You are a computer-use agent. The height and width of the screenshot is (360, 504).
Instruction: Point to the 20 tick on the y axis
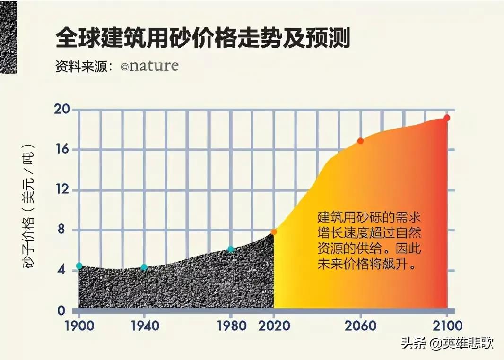pyautogui.click(x=64, y=110)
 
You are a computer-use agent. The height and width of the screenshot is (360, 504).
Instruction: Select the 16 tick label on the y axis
pyautogui.click(x=64, y=150)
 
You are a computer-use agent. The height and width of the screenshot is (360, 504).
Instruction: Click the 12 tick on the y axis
pyautogui.click(x=64, y=190)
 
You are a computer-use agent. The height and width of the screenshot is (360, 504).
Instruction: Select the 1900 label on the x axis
pyautogui.click(x=78, y=326)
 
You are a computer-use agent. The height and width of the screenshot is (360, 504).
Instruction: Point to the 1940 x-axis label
pyautogui.click(x=144, y=326)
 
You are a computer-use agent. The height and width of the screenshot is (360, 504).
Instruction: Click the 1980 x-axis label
pyautogui.click(x=231, y=326)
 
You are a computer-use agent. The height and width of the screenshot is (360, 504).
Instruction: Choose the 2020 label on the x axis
pyautogui.click(x=274, y=326)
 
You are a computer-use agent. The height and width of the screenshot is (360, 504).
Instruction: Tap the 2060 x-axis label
pyautogui.click(x=361, y=326)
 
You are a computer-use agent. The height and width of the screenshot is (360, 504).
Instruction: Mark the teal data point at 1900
pyautogui.click(x=79, y=266)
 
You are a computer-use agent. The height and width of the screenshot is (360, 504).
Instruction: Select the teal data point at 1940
pyautogui.click(x=144, y=267)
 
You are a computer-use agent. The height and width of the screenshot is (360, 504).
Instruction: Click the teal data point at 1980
pyautogui.click(x=231, y=249)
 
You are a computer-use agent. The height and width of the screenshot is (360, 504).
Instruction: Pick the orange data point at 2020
pyautogui.click(x=274, y=232)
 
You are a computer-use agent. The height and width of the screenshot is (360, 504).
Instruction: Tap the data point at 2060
pyautogui.click(x=360, y=141)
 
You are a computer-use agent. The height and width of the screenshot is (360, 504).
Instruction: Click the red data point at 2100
pyautogui.click(x=447, y=118)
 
